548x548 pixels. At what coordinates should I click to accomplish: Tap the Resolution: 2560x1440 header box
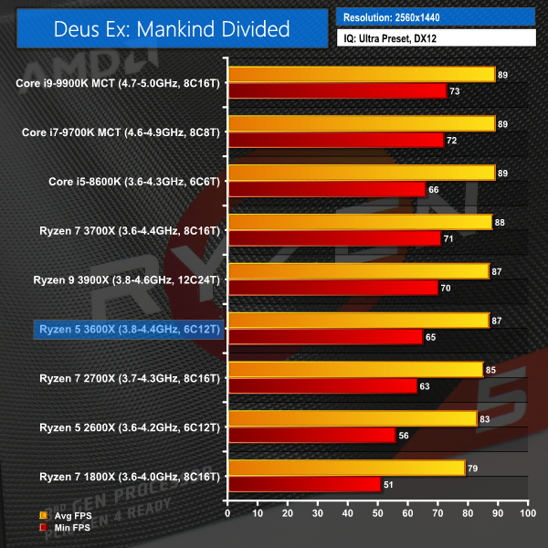(437, 17)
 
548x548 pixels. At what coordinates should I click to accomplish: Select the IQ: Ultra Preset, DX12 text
(437, 38)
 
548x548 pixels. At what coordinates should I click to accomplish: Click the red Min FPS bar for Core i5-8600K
(327, 189)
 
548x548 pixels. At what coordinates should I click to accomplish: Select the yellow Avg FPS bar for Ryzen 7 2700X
(355, 369)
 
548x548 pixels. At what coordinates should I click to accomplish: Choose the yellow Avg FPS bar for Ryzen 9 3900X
(358, 271)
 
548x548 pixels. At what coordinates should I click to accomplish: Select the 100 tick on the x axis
(527, 514)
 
